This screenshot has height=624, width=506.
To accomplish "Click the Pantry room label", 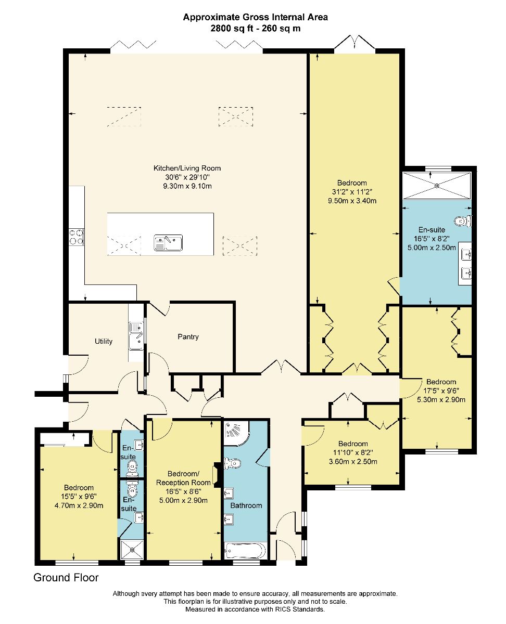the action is tap(188, 336).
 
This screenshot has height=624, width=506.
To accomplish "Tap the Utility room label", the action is tap(104, 341).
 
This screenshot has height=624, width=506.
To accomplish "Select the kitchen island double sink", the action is tap(168, 242).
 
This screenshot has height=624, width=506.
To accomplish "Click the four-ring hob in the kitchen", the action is tap(77, 237).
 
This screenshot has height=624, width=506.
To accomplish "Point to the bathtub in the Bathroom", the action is tap(246, 550).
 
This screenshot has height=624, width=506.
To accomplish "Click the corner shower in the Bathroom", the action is tap(237, 434).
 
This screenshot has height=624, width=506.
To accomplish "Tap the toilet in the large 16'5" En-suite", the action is tap(463, 221).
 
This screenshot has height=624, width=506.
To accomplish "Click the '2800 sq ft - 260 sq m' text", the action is tap(256, 29).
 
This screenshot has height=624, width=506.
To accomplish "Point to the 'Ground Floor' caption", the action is tap(66, 578).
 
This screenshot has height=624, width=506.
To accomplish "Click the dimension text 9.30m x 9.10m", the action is tap(187, 186).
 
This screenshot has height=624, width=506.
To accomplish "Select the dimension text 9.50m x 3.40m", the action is tap(352, 201).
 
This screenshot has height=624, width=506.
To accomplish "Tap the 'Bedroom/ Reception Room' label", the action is tap(183, 478).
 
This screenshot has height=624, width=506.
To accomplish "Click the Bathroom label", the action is tap(246, 505).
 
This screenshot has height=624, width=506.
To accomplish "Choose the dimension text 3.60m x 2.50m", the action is tap(353, 461).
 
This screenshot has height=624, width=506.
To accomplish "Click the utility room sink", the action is tap(136, 336).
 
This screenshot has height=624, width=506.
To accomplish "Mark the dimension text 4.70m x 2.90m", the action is tap(79, 505).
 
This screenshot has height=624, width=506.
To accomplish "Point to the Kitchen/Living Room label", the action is tap(187, 168).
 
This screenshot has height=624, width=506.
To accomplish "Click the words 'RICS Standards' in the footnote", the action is tap(299, 609).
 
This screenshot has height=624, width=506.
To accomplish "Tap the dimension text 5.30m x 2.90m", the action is tap(441, 399).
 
